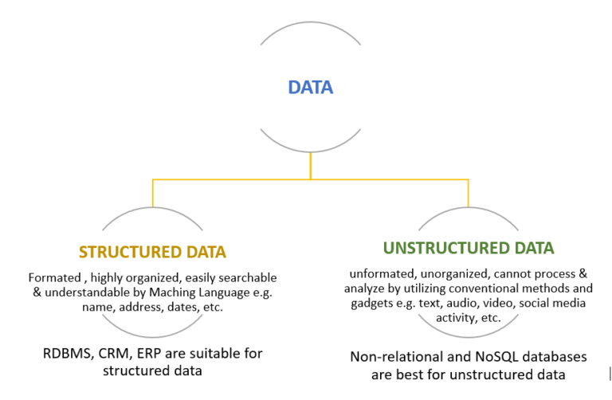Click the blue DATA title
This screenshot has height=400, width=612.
click(310, 88)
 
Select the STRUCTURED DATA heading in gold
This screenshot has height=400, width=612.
click(152, 252)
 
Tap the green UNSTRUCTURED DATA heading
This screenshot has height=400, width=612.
click(469, 248)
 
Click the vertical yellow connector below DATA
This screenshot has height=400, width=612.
click(310, 167)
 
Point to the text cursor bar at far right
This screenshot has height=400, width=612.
click(610, 371)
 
